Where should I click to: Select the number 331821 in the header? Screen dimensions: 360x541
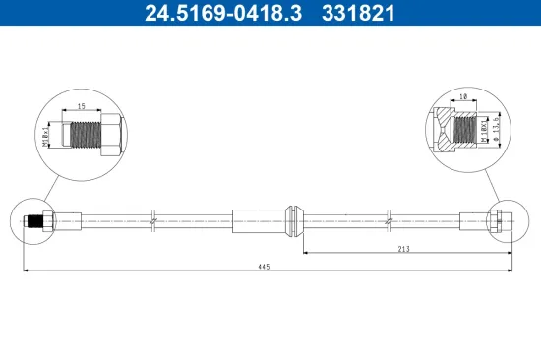(x=360, y=14)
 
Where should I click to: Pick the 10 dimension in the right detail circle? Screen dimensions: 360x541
(x=463, y=98)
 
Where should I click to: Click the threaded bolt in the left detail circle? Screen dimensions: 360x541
(x=86, y=133)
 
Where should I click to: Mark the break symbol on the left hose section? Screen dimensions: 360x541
(x=153, y=221)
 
